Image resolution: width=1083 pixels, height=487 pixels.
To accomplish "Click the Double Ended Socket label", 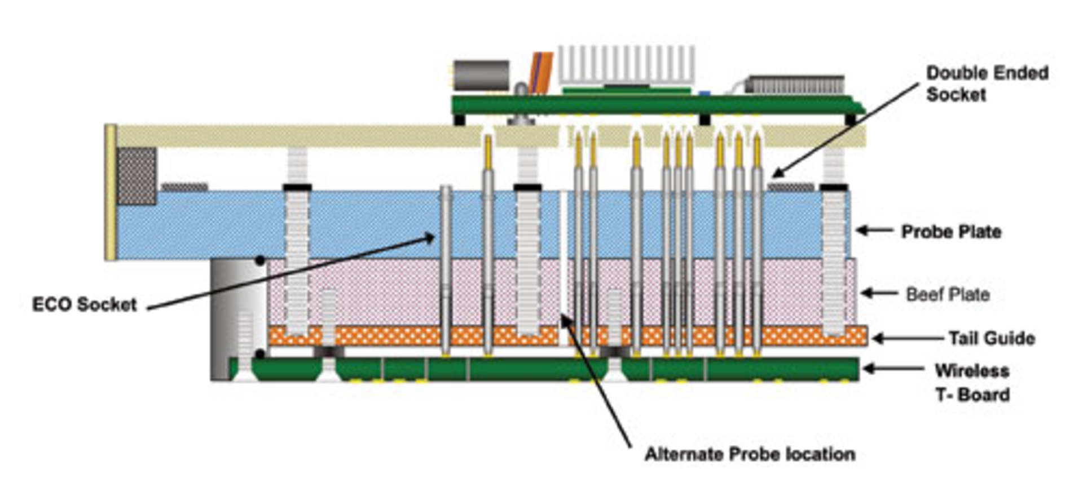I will click(987, 83).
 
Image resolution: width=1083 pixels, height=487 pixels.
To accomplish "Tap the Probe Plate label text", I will click(951, 232).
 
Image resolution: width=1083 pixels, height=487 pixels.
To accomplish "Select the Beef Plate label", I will click(948, 294).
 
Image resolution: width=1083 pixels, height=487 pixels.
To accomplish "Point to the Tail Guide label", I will click(992, 338).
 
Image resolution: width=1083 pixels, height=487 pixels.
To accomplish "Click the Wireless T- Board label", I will click(972, 382).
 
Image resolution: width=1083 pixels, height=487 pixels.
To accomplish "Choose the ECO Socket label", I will click(85, 304).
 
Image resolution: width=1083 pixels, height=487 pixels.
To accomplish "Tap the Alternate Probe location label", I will click(750, 454).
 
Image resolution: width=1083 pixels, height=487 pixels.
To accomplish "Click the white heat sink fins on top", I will click(626, 65).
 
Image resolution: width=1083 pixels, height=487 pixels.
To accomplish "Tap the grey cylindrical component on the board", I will click(482, 76).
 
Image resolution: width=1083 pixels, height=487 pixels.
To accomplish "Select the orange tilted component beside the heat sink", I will click(541, 72).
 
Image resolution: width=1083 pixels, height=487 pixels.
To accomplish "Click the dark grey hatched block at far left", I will click(136, 176).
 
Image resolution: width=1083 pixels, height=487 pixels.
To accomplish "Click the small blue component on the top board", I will click(704, 93).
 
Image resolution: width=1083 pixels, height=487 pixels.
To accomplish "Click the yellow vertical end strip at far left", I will click(111, 192).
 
